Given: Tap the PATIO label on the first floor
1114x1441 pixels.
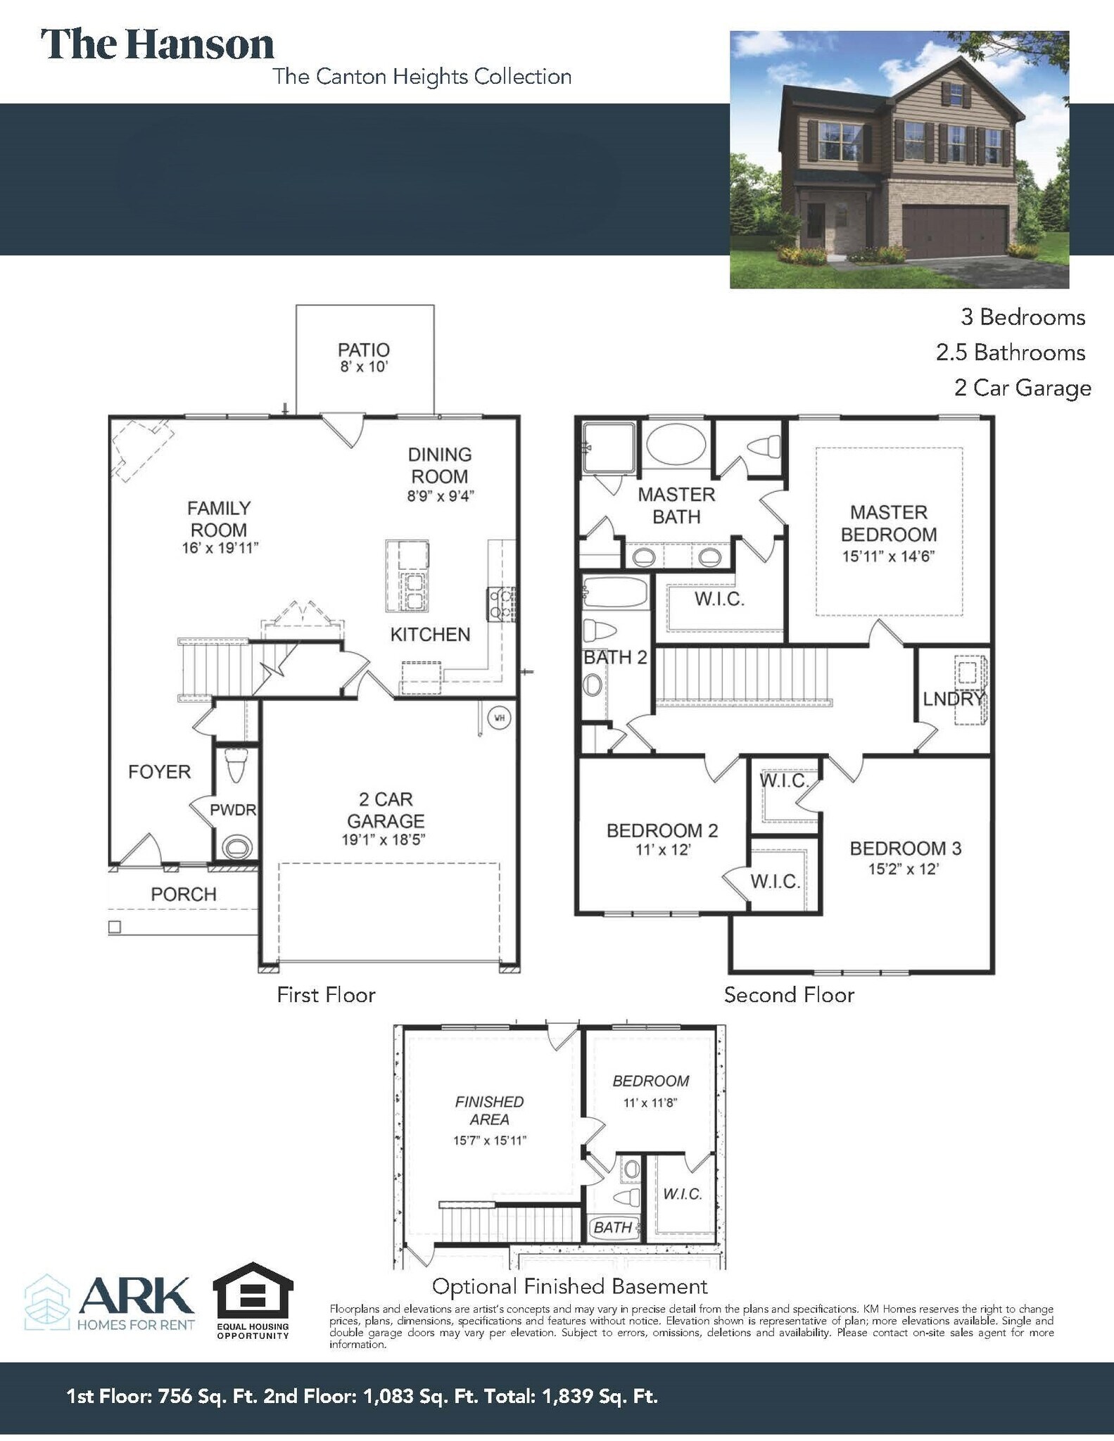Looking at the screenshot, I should click(363, 350).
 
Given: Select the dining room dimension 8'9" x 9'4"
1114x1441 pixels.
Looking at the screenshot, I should click(441, 495).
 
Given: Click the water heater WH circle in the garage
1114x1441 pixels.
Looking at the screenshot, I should click(499, 718).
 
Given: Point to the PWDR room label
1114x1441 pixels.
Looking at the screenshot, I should click(233, 810).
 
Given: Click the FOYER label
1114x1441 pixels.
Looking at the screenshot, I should click(160, 772).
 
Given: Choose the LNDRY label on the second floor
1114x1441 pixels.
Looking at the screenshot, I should click(953, 699).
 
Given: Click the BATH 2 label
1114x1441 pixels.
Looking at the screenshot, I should click(615, 657).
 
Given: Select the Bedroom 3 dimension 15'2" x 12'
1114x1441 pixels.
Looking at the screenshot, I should click(904, 869).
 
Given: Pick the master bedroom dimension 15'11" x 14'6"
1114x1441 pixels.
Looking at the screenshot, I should click(888, 556).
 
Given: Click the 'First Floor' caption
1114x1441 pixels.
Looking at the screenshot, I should click(326, 995).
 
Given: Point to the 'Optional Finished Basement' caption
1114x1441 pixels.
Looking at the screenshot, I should click(569, 1287).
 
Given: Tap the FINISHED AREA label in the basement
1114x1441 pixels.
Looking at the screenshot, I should click(490, 1110).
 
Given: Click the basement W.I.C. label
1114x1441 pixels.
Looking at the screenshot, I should click(682, 1194).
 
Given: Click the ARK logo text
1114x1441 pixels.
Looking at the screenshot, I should click(137, 1297).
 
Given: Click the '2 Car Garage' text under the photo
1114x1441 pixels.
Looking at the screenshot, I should click(1022, 388).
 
